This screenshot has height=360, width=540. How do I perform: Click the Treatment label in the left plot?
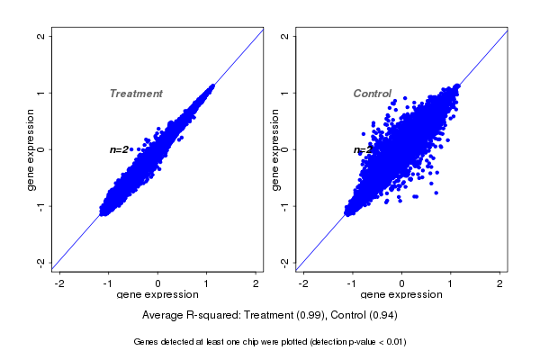pyautogui.click(x=136, y=94)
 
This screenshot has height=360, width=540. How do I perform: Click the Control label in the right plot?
pyautogui.click(x=372, y=94)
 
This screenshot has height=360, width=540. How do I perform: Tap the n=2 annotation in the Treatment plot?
pyautogui.click(x=119, y=149)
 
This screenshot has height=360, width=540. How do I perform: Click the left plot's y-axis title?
pyautogui.click(x=31, y=149)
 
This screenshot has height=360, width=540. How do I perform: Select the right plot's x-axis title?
pyautogui.click(x=401, y=295)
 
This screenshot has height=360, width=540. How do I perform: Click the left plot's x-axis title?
pyautogui.click(x=157, y=295)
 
